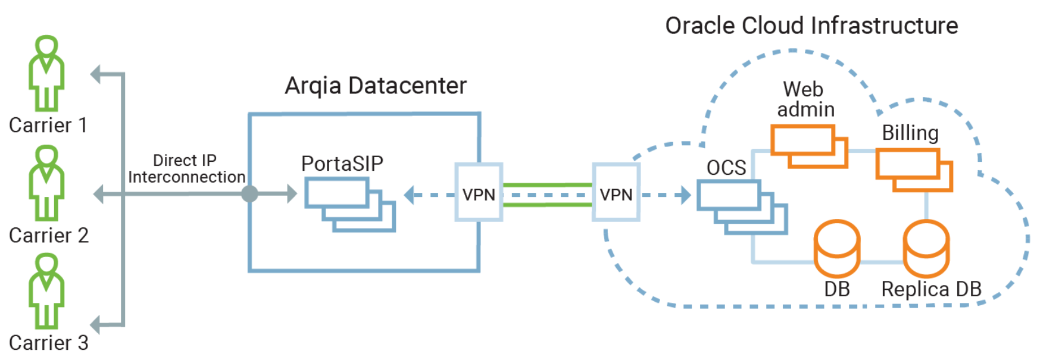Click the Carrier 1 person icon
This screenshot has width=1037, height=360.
[46, 74]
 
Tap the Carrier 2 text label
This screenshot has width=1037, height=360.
[49, 236]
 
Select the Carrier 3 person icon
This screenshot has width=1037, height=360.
[46, 291]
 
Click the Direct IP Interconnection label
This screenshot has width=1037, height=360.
[186, 169]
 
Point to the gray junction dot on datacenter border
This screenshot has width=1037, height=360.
[249, 193]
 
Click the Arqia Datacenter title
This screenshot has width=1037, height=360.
[375, 86]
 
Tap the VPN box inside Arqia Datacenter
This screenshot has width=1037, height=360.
[479, 193]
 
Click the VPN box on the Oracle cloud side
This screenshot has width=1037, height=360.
[616, 193]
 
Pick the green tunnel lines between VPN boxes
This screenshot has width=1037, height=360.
[548, 195]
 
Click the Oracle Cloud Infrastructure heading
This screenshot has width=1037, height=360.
[811, 26]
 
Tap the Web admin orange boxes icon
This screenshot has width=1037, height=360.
[808, 146]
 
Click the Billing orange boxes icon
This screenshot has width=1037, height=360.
[914, 170]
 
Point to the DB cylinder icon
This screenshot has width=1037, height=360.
[836, 248]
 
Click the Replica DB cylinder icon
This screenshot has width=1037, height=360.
[926, 248]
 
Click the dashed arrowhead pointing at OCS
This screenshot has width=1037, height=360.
[686, 195]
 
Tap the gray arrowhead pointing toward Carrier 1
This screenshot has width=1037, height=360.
[96, 74]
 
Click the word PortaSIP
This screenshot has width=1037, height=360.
[342, 164]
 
